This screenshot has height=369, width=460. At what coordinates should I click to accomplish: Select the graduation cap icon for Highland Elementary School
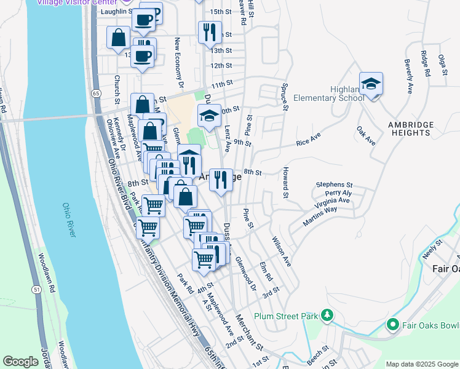click(x=371, y=84)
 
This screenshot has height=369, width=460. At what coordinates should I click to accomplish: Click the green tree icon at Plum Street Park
click(x=327, y=316)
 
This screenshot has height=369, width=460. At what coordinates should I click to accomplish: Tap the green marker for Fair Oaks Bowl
click(x=392, y=323)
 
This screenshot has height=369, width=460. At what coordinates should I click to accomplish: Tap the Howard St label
click(x=286, y=183)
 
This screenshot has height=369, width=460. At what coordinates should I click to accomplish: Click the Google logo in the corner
click(x=20, y=362)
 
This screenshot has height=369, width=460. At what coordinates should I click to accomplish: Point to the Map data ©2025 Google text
click(x=421, y=364)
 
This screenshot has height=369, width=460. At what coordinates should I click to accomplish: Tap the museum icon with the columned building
click(x=189, y=154)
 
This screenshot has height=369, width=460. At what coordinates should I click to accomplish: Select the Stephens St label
click(x=334, y=184)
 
